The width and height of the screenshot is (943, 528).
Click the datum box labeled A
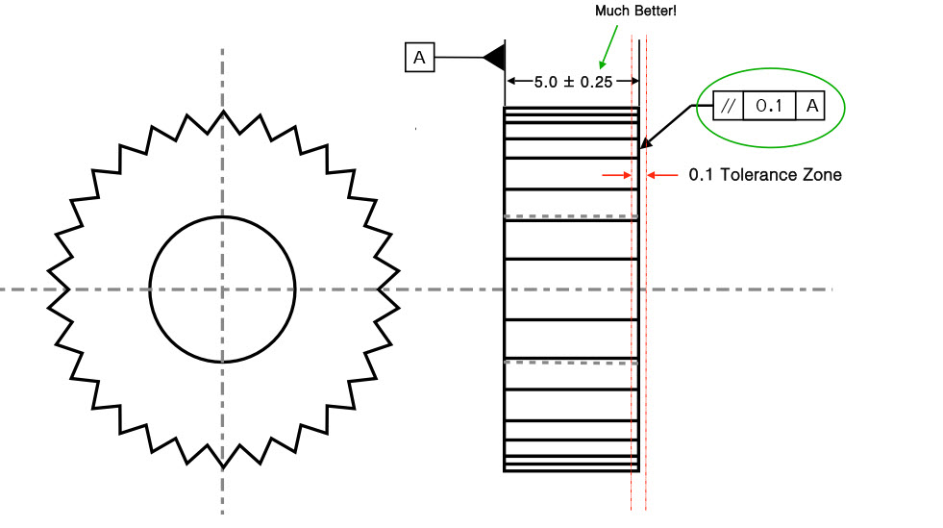coord(419,58)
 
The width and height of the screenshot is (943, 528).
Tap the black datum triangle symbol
coord(495,58)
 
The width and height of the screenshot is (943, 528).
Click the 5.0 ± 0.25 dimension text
coord(574,82)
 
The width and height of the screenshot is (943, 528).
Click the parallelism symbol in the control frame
coord(728,106)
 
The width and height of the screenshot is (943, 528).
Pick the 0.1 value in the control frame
coord(769,106)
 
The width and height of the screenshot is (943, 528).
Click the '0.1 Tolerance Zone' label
coord(765,175)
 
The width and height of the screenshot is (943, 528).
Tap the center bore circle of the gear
coord(222,289)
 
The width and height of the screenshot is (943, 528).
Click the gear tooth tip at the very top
coord(223,112)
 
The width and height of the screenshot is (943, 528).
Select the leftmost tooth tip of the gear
coord(48,289)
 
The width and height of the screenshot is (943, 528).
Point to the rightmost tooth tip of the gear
coord(399,289)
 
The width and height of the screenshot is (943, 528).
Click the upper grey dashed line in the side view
coord(571,217)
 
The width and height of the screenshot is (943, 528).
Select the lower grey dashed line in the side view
coord(571,362)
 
